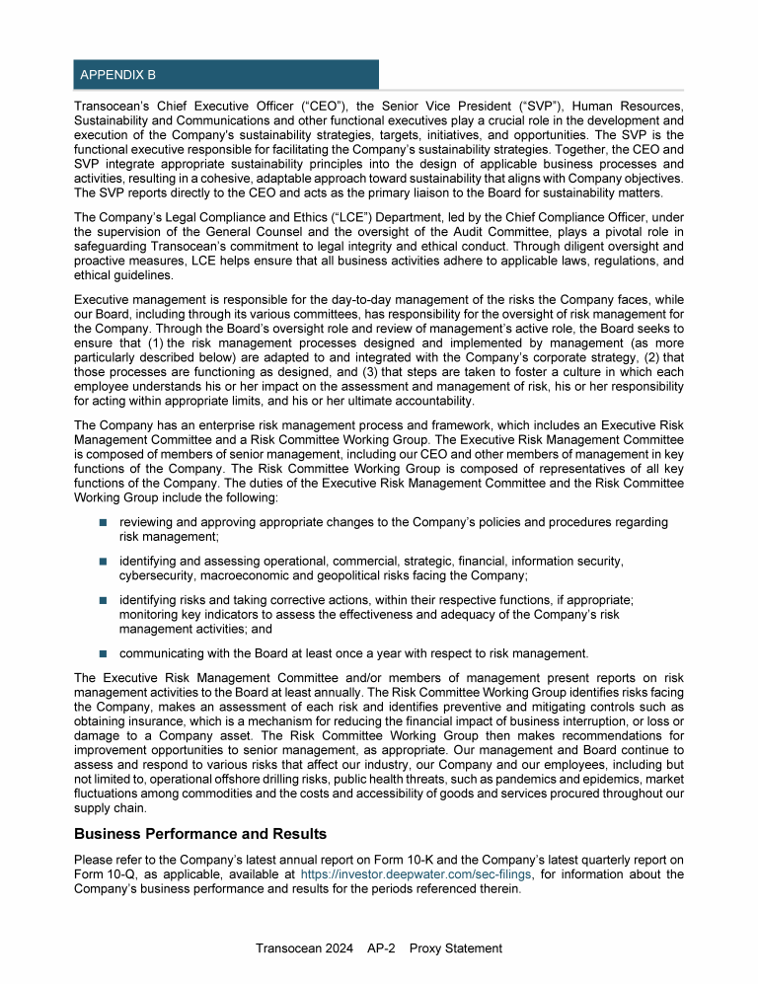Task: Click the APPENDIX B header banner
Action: coord(226,74)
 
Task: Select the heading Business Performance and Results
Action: coord(200,833)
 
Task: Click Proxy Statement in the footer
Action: coord(456,948)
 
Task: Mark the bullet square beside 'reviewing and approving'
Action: coord(103,522)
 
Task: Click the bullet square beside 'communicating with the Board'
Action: coord(103,653)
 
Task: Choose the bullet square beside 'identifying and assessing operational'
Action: coord(103,561)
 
